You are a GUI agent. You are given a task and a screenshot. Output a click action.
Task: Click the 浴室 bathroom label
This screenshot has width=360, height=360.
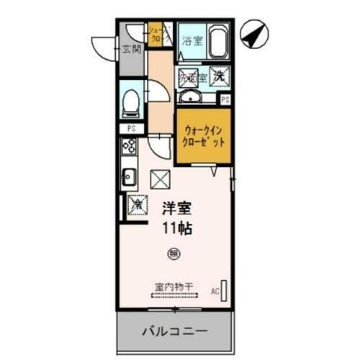pyautogui.click(x=192, y=41)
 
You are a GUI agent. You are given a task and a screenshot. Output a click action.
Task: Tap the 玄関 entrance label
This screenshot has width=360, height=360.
pyautogui.click(x=130, y=50)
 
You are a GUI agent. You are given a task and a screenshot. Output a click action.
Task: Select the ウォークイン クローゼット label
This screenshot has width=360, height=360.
pyautogui.click(x=204, y=136)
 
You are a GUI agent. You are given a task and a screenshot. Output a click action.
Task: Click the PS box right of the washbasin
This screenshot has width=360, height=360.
pyautogui.click(x=225, y=99)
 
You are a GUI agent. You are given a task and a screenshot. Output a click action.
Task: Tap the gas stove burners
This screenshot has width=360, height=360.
pyautogui.click(x=130, y=147)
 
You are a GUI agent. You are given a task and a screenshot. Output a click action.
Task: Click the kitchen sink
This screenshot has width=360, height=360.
pyautogui.click(x=130, y=176)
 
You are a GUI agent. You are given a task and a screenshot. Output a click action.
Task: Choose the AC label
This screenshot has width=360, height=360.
pyautogui.click(x=215, y=292)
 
